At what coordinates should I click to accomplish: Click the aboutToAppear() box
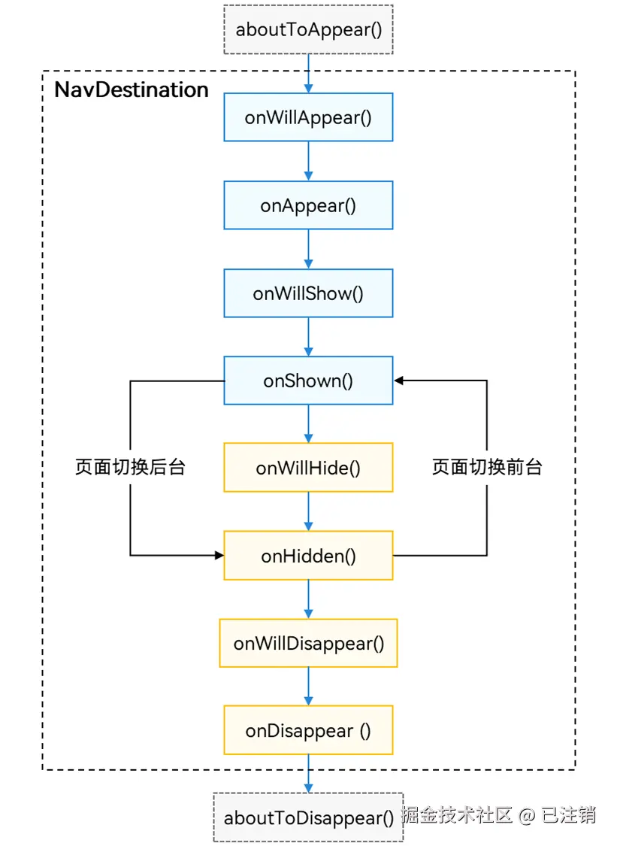tap(308, 29)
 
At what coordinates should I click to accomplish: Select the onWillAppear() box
tap(308, 117)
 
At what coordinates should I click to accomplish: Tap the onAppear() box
tap(308, 205)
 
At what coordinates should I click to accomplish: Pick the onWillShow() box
tap(308, 293)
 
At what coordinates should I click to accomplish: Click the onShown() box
tap(308, 381)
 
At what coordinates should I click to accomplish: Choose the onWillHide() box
tap(308, 467)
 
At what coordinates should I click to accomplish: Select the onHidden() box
tap(308, 555)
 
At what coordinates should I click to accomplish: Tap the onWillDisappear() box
tap(308, 643)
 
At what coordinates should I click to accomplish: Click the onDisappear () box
tap(308, 730)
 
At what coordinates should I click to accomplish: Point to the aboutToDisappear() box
tap(308, 817)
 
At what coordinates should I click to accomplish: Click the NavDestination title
tap(132, 89)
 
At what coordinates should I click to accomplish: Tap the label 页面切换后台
tap(131, 467)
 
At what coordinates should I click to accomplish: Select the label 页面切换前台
tap(487, 467)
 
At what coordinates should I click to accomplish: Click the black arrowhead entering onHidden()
tap(219, 555)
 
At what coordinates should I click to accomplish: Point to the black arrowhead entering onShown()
tap(398, 381)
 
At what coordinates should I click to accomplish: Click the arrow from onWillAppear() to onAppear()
tap(308, 161)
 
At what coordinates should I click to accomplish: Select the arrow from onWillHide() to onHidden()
tap(308, 511)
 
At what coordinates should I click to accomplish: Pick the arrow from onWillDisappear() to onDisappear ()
tap(308, 687)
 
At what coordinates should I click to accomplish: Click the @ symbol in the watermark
tap(526, 816)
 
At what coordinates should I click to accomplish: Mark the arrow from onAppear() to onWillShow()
tap(308, 249)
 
